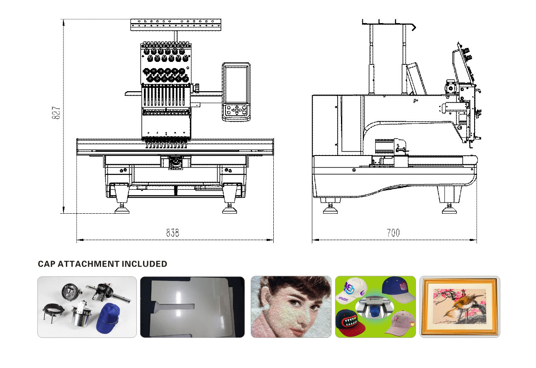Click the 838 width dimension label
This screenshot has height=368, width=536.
pos(172,233)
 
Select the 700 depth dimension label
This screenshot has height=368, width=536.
pos(393,233)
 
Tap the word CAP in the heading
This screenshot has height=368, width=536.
pos(46,264)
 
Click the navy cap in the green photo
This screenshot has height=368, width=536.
pos(395,287)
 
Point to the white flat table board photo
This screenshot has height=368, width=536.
pos(192,307)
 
